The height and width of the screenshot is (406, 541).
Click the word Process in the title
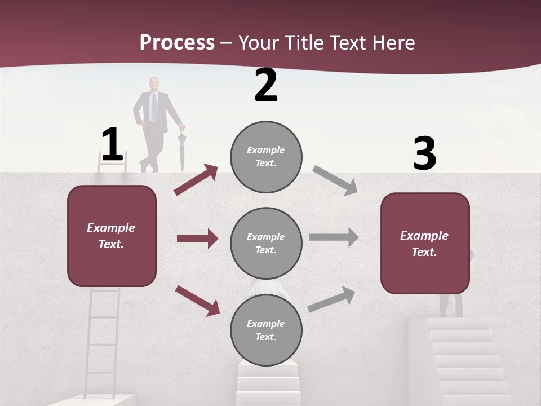177,43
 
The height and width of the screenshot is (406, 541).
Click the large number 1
112,144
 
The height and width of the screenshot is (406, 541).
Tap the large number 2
266,85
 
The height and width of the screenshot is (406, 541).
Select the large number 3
424,154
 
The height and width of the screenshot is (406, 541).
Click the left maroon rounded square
112,236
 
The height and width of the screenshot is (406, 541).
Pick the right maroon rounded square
425,243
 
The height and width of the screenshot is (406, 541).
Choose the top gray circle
266,157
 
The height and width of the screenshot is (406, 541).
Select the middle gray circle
266,243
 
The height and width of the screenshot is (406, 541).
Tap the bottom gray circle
266,330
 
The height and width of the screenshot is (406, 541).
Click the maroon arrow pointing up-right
196,179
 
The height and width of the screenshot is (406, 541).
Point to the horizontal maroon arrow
197,239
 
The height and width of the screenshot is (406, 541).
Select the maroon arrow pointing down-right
197,300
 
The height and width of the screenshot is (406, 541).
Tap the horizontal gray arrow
333,237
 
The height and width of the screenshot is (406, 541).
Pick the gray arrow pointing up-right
331,299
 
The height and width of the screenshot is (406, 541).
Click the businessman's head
153,83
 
